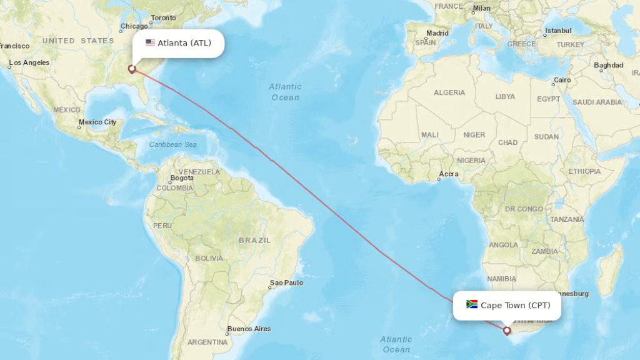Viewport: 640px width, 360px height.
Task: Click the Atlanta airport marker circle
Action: (x=131, y=69)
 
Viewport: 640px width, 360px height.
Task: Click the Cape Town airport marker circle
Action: (x=507, y=330)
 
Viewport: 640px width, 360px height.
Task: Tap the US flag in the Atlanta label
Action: (x=150, y=43)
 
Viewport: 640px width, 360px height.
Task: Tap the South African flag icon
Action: (x=472, y=305)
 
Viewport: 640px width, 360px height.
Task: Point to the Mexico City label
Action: (x=97, y=122)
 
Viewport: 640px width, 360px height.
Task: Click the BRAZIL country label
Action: (x=255, y=240)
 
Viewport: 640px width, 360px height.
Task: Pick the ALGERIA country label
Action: (x=449, y=92)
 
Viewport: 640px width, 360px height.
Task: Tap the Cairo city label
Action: (x=562, y=80)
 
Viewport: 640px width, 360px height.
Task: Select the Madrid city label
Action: (x=437, y=33)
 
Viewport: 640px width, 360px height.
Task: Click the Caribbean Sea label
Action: (x=173, y=144)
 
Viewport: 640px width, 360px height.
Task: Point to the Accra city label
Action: (x=449, y=174)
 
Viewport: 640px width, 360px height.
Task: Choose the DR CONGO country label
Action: (x=524, y=209)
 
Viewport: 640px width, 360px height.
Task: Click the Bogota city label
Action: (x=182, y=178)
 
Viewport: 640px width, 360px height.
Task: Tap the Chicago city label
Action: (x=134, y=26)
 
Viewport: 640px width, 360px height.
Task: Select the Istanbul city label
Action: (x=558, y=30)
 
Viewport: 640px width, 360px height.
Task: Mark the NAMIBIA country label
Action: (x=501, y=279)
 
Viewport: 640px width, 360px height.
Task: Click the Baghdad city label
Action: (x=609, y=65)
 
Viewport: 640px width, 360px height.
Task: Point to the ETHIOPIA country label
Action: (x=584, y=171)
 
